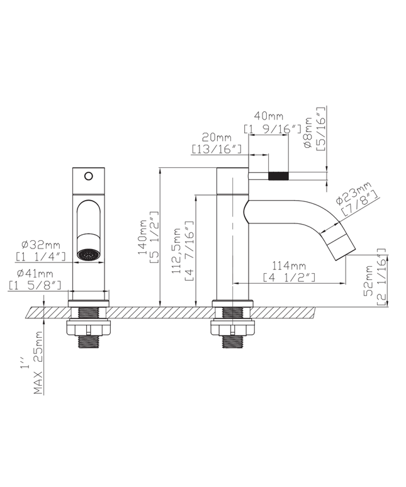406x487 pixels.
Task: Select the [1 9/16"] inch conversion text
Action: tap(268, 128)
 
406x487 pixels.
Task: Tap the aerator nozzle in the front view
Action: tap(88, 255)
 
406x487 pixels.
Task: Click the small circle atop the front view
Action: tap(89, 176)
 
